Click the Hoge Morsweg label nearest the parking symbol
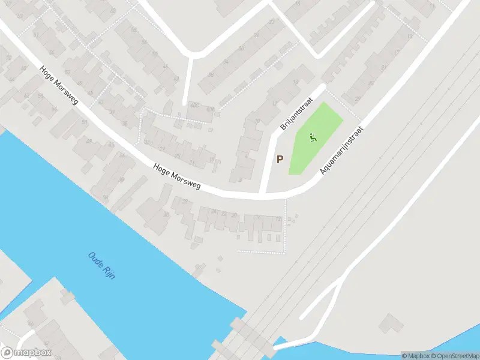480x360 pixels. pyautogui.click(x=176, y=177)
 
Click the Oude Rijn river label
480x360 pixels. pyautogui.click(x=101, y=263)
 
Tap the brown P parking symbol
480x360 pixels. pyautogui.click(x=280, y=159)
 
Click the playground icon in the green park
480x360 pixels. pyautogui.click(x=312, y=139)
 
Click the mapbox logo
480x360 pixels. pyautogui.click(x=26, y=353)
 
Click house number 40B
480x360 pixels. pyautogui.click(x=209, y=109)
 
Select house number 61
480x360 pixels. pyautogui.click(x=36, y=35)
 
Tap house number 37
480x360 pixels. pyautogui.click(x=112, y=112)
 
